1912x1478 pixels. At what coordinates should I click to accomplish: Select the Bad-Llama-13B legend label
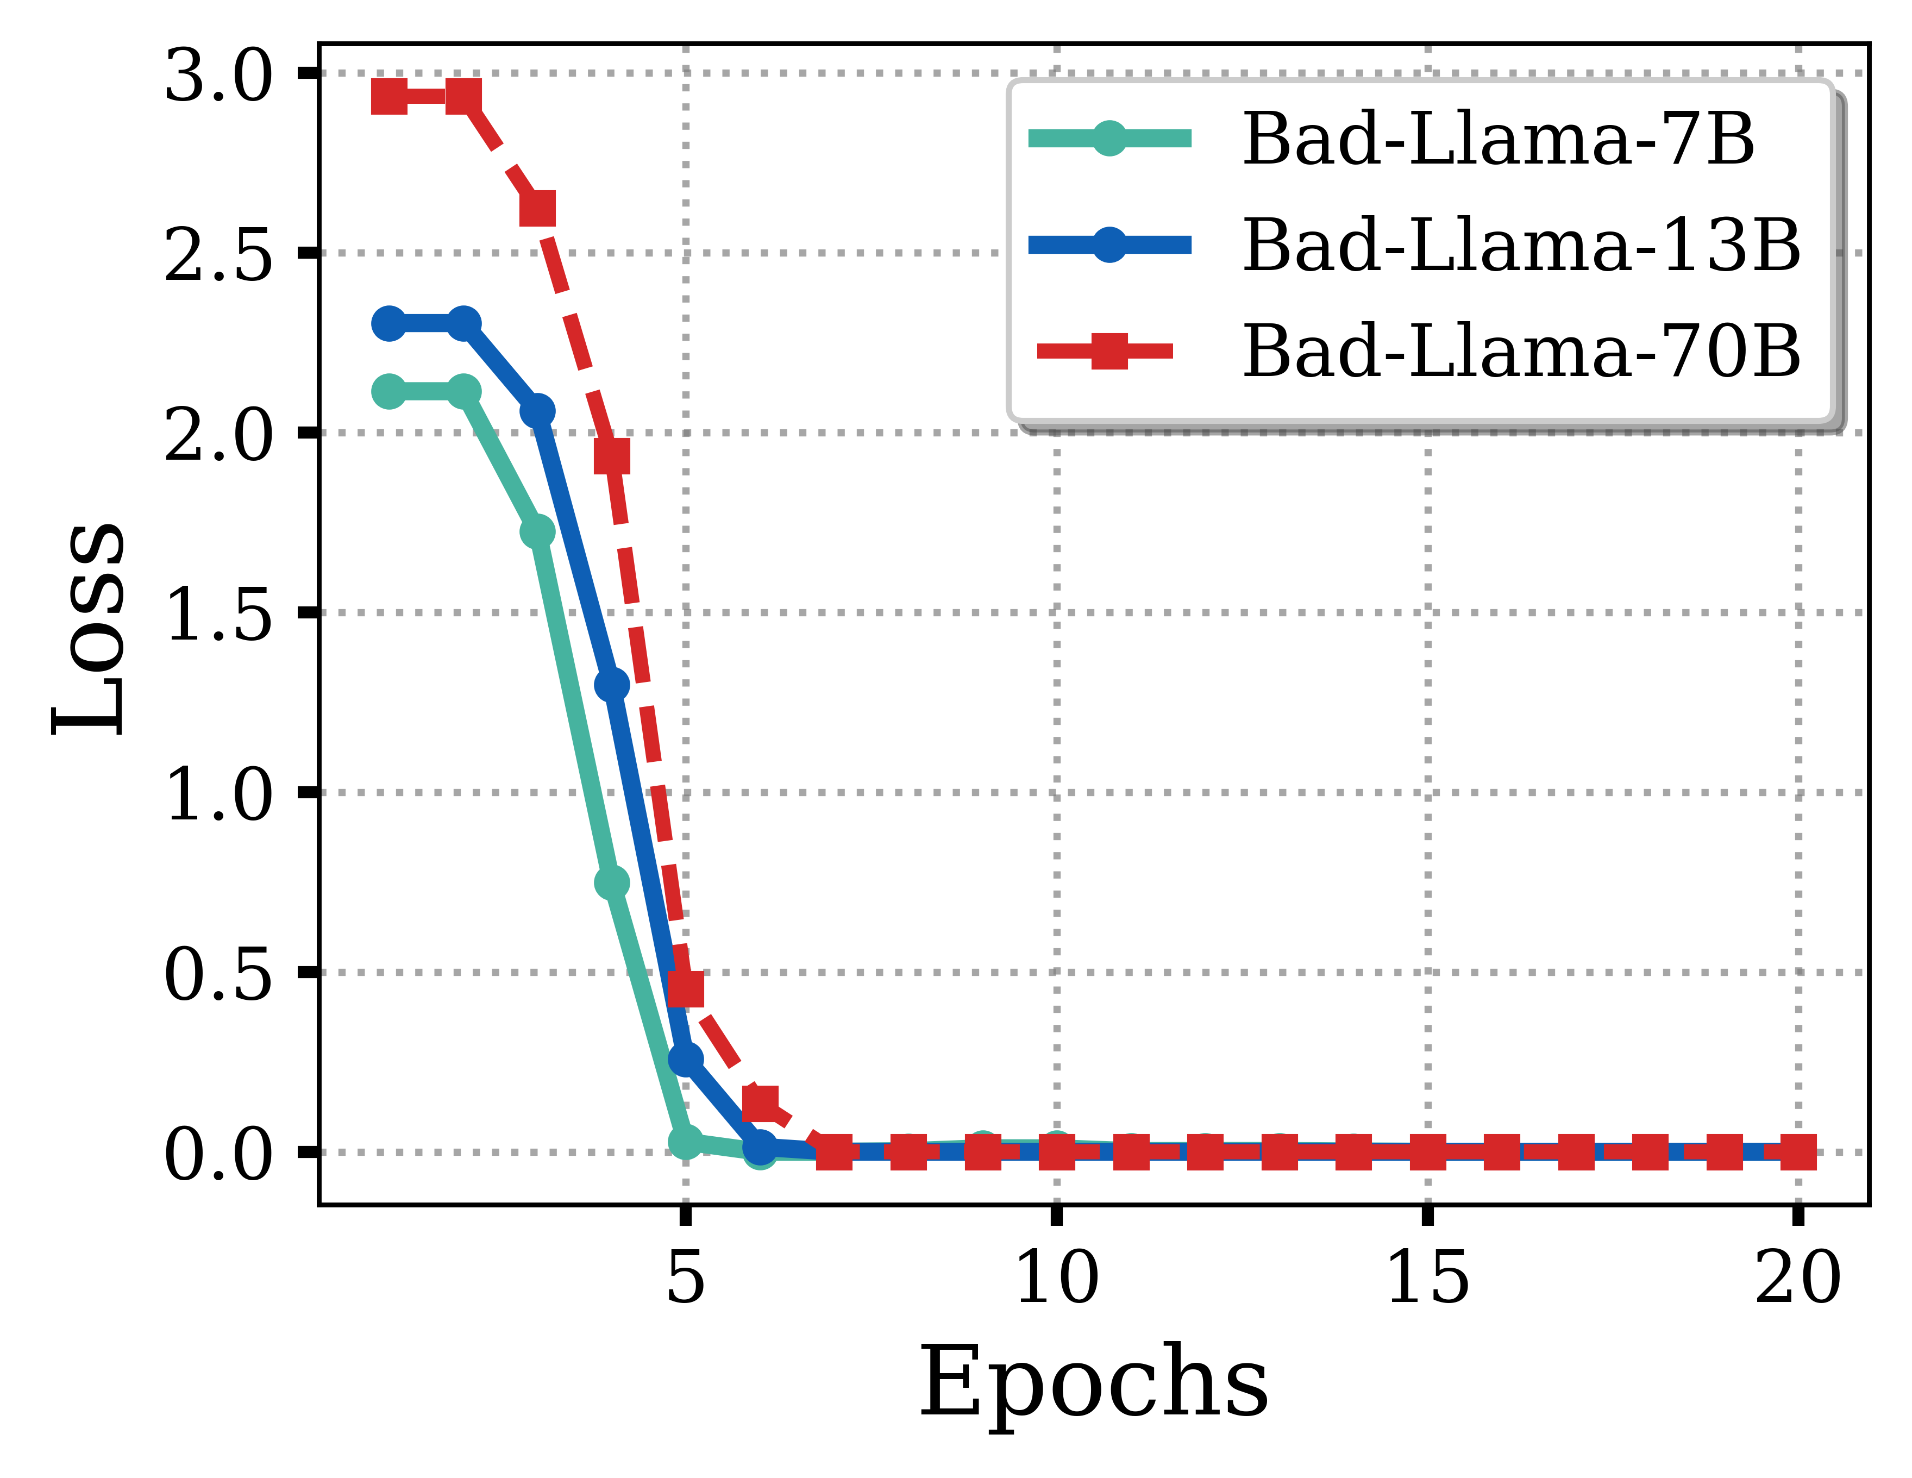coord(1521,245)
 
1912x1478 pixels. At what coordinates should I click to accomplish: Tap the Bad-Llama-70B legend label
coord(1521,351)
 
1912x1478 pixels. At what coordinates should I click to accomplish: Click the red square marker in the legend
coord(1109,351)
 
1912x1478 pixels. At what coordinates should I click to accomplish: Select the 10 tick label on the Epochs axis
coord(1057,1279)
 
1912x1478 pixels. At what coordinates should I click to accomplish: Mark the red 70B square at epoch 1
coord(388,96)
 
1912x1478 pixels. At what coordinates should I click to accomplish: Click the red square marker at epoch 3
coord(537,209)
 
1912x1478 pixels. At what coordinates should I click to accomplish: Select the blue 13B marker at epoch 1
coord(388,324)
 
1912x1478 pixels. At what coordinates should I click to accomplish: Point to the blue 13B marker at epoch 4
coord(612,684)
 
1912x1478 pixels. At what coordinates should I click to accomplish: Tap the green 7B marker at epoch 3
coord(537,531)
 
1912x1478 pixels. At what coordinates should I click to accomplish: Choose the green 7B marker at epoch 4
coord(612,882)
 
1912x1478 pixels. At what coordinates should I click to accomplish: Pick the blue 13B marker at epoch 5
coord(686,1059)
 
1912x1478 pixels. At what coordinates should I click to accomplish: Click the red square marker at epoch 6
coord(760,1103)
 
